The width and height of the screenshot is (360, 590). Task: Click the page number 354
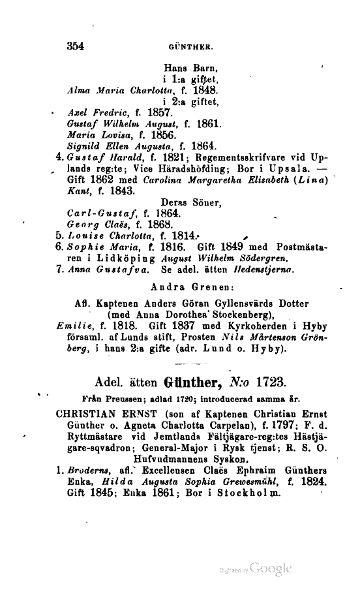click(76, 46)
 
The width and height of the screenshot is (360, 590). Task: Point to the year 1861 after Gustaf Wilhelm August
click(209, 123)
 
